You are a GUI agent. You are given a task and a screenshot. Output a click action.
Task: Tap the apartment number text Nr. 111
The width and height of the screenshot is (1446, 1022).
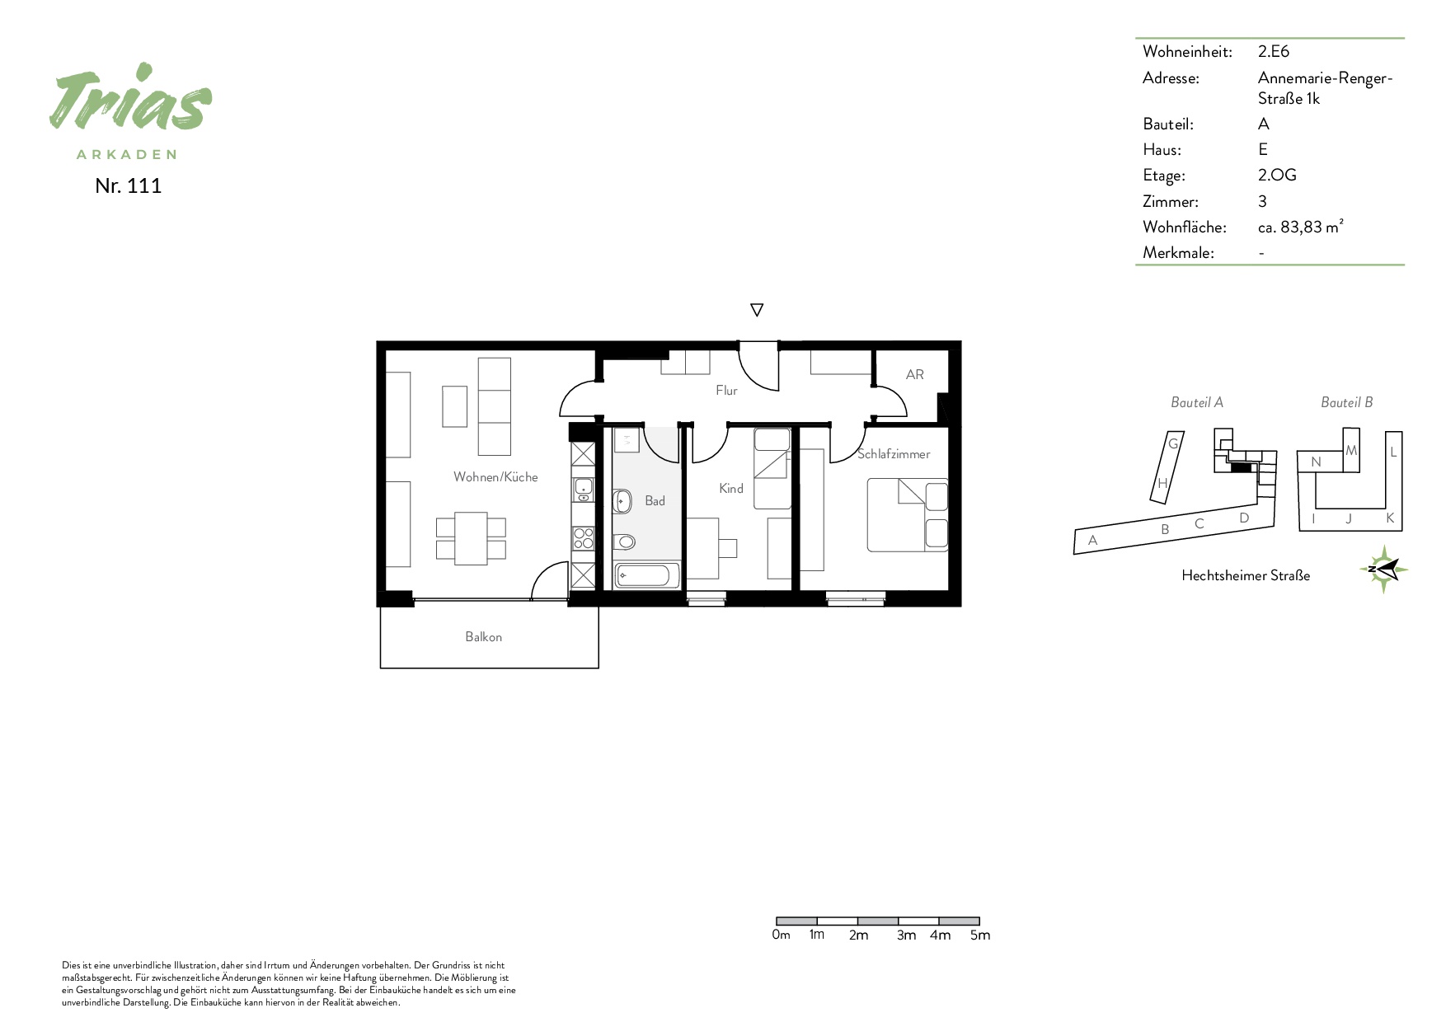[x=129, y=185]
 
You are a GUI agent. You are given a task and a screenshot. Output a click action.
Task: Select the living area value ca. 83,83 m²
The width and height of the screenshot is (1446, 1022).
[x=1300, y=227]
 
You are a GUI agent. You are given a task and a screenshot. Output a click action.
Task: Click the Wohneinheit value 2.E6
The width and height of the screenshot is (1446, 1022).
[x=1273, y=51]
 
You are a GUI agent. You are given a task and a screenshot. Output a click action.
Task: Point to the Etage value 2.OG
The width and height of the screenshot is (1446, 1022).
[x=1277, y=175]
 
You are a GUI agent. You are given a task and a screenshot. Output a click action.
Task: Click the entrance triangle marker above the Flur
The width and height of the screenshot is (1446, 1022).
[x=757, y=310]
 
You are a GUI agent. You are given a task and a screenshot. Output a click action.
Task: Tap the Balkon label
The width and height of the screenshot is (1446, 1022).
[x=483, y=636]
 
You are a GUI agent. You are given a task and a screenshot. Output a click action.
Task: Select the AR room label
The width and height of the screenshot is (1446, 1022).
[x=914, y=374]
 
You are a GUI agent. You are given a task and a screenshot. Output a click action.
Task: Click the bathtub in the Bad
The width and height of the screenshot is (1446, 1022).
[x=647, y=574]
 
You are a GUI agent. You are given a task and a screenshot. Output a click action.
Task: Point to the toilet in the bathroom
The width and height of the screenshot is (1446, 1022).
[x=624, y=541]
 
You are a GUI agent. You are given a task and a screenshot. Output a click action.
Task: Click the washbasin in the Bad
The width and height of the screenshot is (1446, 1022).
[x=622, y=500]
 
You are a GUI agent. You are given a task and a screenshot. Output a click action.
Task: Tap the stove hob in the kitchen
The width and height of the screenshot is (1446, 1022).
[x=583, y=538]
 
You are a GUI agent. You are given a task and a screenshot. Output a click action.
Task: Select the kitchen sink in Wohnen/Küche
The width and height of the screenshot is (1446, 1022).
[x=583, y=490]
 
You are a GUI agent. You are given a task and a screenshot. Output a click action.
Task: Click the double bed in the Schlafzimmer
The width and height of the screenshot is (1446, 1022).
[x=907, y=515]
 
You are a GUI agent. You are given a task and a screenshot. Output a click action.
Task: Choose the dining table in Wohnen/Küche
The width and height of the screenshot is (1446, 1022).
[x=471, y=538]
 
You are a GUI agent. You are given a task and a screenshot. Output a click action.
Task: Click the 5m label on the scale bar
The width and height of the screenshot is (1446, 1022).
[x=979, y=935]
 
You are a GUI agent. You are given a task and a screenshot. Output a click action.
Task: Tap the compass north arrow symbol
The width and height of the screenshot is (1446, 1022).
[x=1383, y=569]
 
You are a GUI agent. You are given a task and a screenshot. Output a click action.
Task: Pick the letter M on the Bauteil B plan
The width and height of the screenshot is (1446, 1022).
[x=1350, y=451]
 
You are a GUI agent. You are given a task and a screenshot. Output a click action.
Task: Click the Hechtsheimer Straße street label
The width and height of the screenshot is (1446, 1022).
[x=1245, y=575]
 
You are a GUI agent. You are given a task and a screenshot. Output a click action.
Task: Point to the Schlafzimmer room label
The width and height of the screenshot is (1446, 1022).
[x=894, y=454]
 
